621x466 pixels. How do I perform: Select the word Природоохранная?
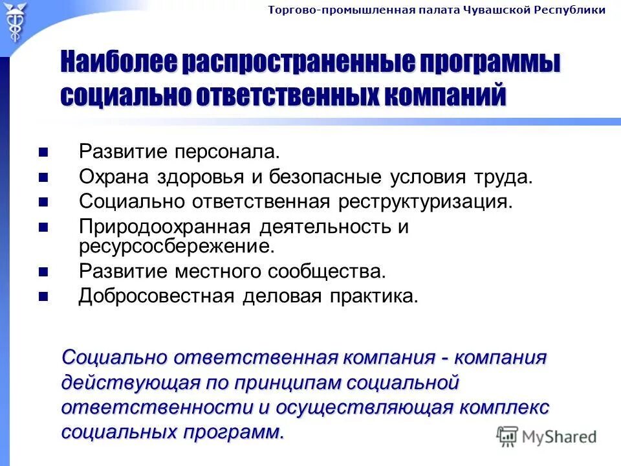pyautogui.click(x=164, y=227)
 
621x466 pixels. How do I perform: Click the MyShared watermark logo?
pyautogui.click(x=547, y=436)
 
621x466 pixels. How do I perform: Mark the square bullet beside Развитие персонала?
pyautogui.click(x=43, y=153)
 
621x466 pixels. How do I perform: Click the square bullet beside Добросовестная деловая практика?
pyautogui.click(x=43, y=297)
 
